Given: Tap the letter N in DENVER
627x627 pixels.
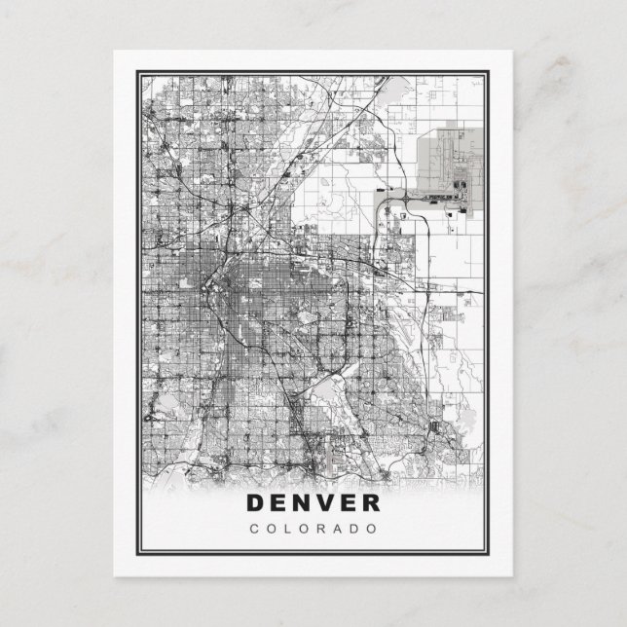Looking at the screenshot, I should coord(300,503).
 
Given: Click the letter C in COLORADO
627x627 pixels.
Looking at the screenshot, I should coord(254,529).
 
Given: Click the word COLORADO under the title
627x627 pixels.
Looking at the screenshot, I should coord(313,529).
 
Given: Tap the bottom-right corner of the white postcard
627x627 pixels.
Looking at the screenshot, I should coord(514,576).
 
